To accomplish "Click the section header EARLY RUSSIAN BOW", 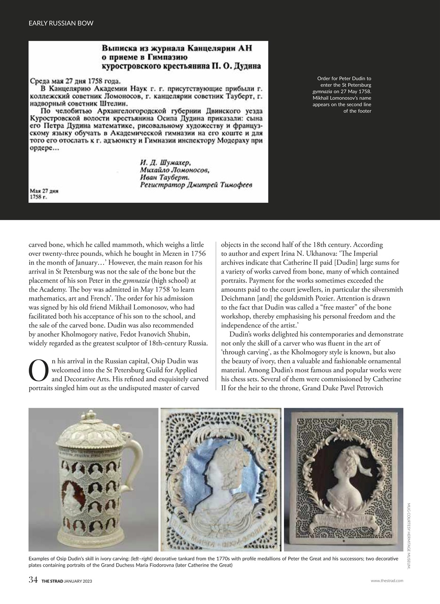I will [61, 23].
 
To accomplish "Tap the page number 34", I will [33, 580].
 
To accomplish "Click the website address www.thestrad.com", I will [387, 581].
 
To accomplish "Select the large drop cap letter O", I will [39, 371].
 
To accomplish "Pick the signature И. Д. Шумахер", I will [163, 163].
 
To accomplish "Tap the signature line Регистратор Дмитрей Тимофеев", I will [196, 185].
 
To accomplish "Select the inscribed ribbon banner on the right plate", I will [343, 525].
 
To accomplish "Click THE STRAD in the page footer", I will [52, 581].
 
